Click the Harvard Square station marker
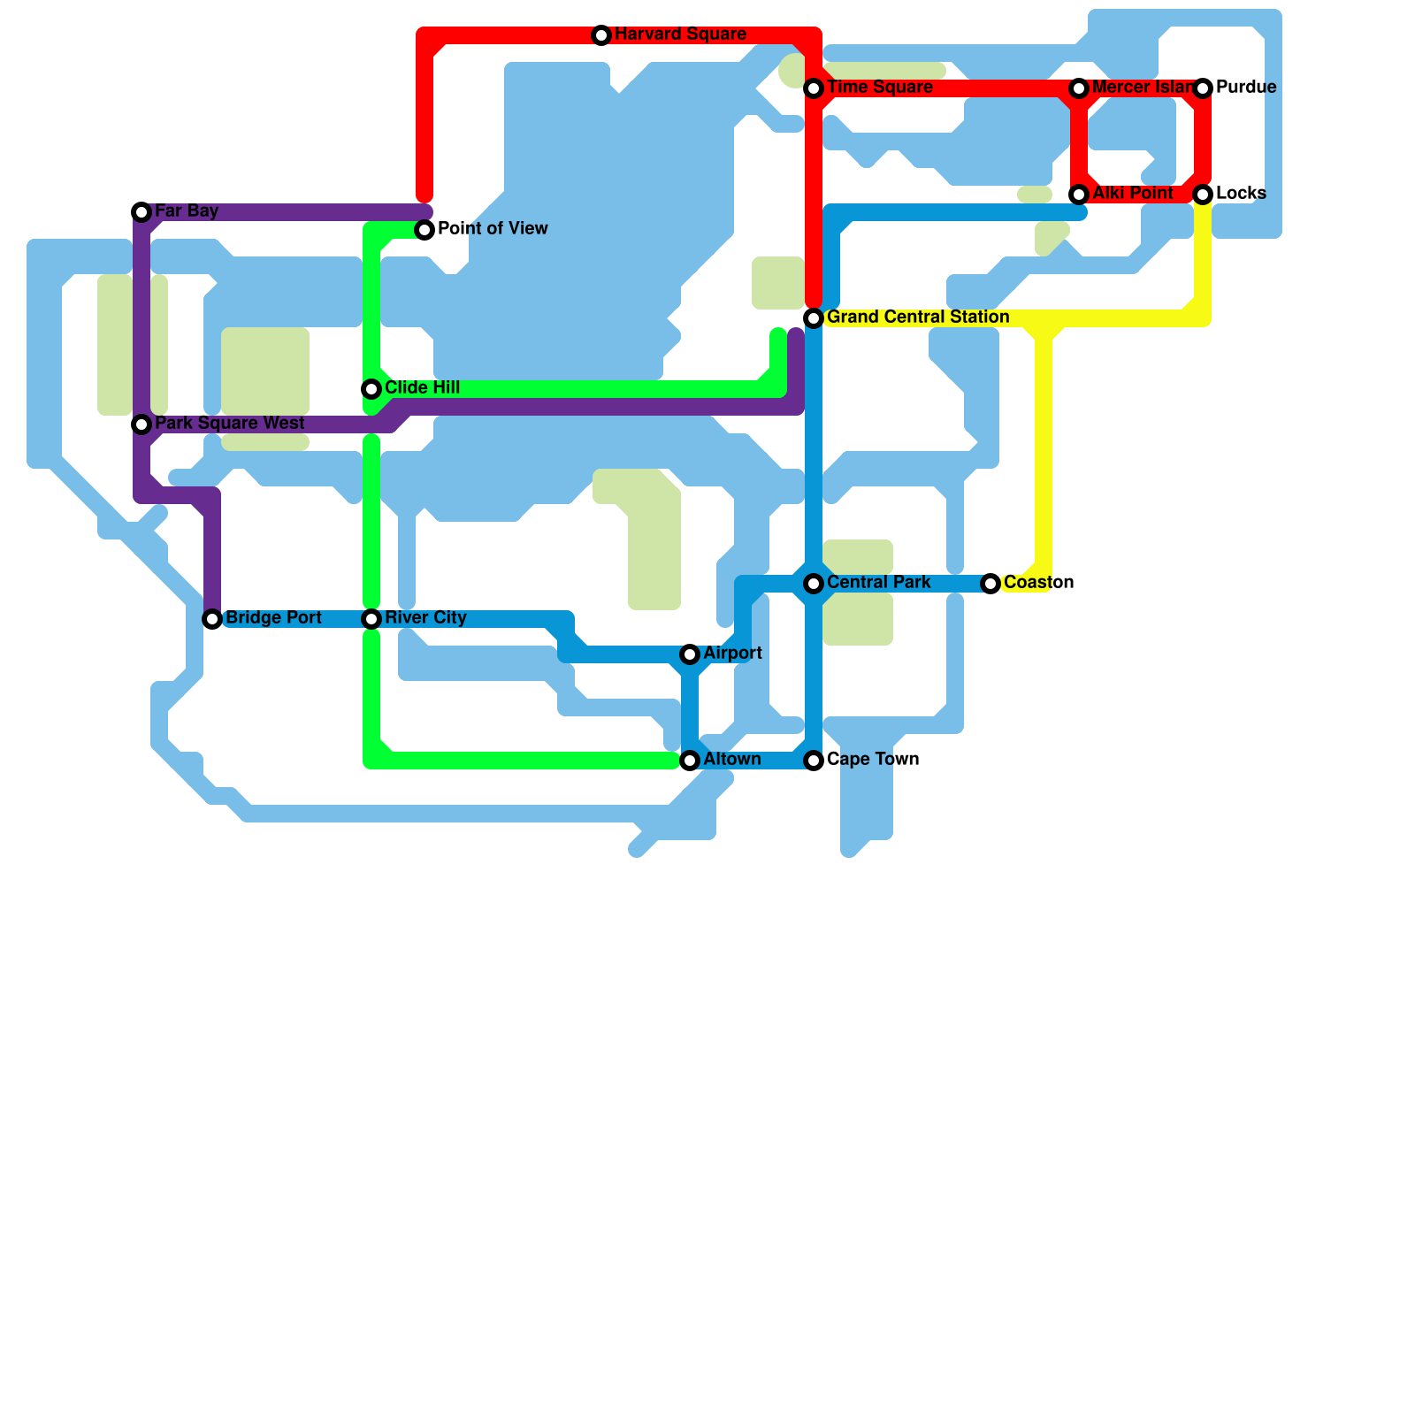[x=601, y=35]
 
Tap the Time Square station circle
[x=814, y=88]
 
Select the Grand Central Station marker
[x=814, y=318]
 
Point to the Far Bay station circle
[x=141, y=212]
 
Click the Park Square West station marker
[x=141, y=424]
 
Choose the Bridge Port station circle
[x=212, y=619]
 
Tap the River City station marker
[x=371, y=619]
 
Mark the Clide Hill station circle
[x=371, y=389]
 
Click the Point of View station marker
[x=424, y=230]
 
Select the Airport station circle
[x=690, y=654]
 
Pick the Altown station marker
[x=690, y=761]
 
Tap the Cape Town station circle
[x=814, y=761]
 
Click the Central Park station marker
[x=814, y=584]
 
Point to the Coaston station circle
[x=990, y=584]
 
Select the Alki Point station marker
[x=1079, y=195]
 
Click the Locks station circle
[x=1203, y=195]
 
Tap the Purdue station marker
[x=1203, y=88]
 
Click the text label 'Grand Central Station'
[x=918, y=317]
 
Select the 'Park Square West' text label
[x=230, y=423]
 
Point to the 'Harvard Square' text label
[x=680, y=34]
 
